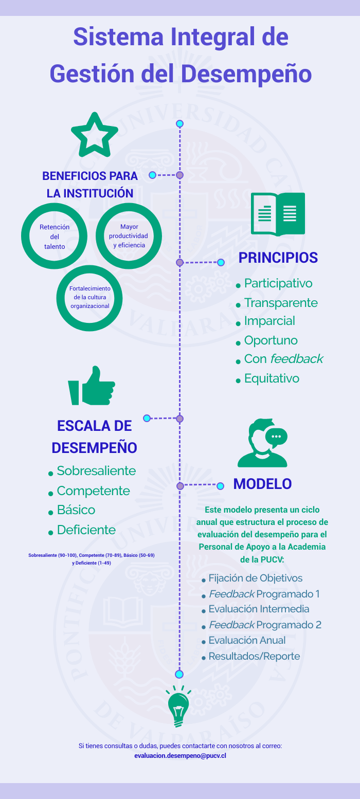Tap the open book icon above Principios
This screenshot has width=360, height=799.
pyautogui.click(x=278, y=214)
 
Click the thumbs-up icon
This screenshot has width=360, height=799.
pyautogui.click(x=92, y=386)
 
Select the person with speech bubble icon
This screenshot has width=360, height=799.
pyautogui.click(x=263, y=443)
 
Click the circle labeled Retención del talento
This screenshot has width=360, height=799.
pyautogui.click(x=26, y=236)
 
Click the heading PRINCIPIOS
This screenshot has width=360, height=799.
pyautogui.click(x=278, y=258)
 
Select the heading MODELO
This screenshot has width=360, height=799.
pyautogui.click(x=263, y=484)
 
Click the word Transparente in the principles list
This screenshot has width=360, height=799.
pyautogui.click(x=281, y=303)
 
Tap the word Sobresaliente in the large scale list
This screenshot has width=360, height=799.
pyautogui.click(x=96, y=471)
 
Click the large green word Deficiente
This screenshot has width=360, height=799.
pyautogui.click(x=86, y=530)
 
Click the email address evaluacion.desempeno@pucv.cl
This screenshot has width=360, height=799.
pyautogui.click(x=180, y=755)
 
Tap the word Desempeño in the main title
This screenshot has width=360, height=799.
pyautogui.click(x=246, y=74)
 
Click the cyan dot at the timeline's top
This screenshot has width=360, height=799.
pyautogui.click(x=180, y=124)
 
